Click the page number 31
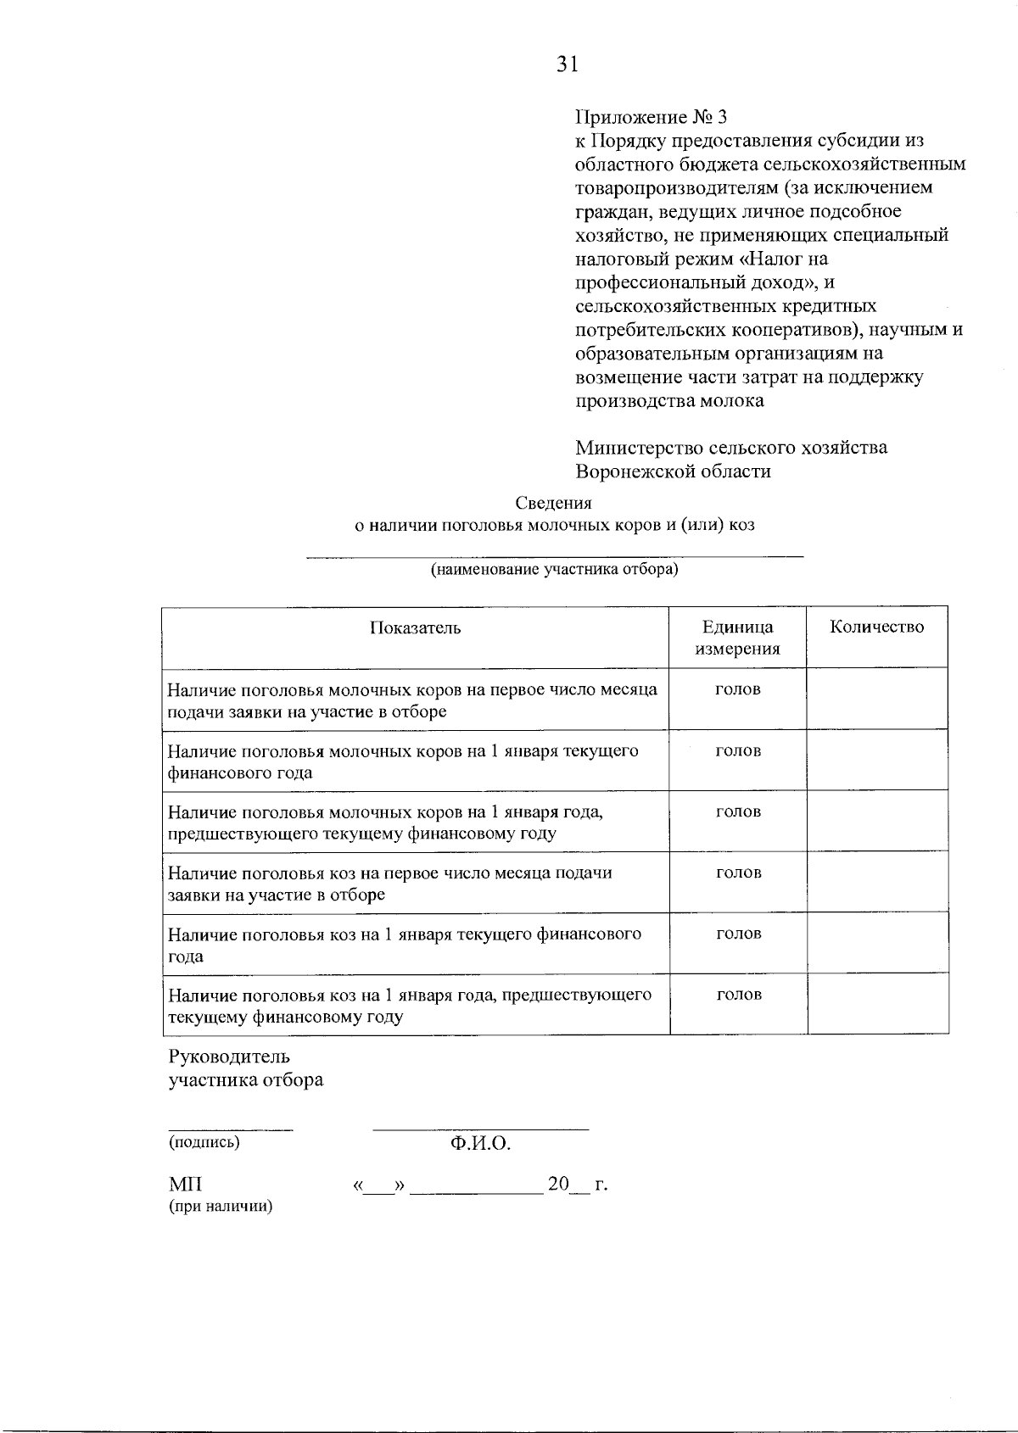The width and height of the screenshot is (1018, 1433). (x=568, y=64)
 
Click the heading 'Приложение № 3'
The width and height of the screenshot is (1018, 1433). (x=652, y=117)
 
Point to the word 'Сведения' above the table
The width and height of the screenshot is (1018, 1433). (x=554, y=503)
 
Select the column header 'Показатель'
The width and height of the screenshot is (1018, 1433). (x=416, y=627)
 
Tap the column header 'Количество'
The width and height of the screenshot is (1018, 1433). (x=876, y=627)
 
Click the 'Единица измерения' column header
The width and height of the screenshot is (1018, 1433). (x=737, y=638)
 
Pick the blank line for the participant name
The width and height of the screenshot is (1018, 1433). (x=554, y=555)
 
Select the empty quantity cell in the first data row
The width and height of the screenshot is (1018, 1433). (x=876, y=699)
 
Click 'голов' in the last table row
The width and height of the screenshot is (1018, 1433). (x=739, y=994)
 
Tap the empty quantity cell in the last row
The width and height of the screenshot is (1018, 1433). (x=878, y=1004)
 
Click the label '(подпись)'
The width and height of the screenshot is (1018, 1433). (x=204, y=1141)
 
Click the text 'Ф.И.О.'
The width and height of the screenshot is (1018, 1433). (x=480, y=1144)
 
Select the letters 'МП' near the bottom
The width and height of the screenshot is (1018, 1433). (x=185, y=1184)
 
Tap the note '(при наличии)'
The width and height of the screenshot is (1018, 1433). (x=221, y=1206)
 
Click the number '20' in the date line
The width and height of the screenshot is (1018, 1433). (x=558, y=1184)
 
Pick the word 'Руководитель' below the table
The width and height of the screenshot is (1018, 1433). (x=229, y=1057)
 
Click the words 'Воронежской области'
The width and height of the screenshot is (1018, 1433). (x=673, y=471)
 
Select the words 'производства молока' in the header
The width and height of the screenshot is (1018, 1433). (x=669, y=400)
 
